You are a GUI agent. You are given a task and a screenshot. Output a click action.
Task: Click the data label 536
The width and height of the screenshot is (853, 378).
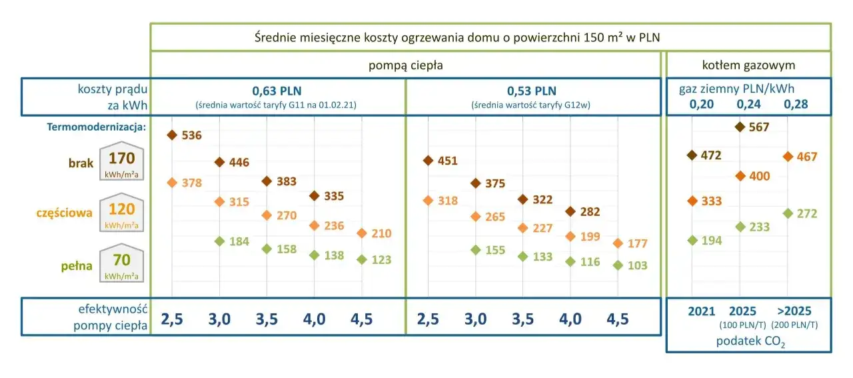191,135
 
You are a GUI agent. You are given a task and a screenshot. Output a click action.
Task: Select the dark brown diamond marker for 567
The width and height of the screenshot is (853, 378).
740,127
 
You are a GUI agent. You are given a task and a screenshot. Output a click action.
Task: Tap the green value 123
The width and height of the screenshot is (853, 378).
381,260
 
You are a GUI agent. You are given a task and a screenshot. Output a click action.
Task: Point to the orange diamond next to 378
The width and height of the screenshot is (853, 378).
172,183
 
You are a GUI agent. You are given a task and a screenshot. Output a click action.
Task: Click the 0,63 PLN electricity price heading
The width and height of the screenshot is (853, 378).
278,91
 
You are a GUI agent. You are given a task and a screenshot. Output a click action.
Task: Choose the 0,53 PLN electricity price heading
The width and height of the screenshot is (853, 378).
531,91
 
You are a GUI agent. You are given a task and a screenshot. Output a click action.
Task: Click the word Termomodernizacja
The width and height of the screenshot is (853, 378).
96,127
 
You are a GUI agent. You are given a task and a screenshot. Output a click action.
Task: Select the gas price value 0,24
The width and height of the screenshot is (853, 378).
748,104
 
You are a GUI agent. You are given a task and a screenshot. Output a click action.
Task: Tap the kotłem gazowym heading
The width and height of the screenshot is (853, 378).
748,65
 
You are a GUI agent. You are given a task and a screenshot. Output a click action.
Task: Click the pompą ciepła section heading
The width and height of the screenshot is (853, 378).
405,65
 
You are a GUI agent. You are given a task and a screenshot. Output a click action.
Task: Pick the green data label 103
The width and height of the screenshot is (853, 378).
637,265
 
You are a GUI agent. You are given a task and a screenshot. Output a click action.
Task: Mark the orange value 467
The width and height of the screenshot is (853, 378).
806,157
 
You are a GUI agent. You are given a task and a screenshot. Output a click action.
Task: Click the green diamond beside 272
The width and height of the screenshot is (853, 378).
788,213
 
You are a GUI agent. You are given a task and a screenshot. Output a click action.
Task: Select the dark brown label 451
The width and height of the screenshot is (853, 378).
447,161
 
